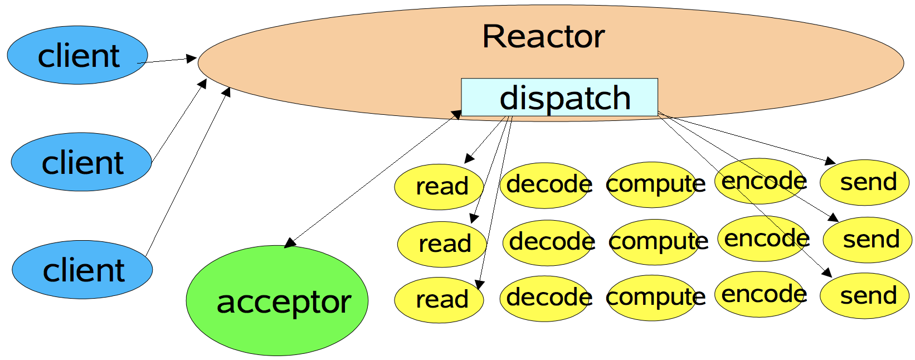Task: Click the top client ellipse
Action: [77, 55]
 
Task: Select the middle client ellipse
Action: [81, 162]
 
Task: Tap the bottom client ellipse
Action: [82, 270]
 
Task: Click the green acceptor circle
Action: [277, 300]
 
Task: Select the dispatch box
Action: [559, 98]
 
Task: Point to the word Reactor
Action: [543, 37]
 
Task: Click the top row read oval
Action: [439, 187]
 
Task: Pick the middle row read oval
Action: [442, 244]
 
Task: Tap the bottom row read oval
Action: [439, 300]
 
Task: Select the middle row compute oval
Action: [655, 242]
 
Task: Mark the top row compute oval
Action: [652, 184]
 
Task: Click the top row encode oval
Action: [761, 181]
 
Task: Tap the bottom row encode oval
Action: [761, 294]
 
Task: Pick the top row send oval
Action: [865, 182]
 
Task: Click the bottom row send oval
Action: [865, 296]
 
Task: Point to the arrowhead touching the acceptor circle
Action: [290, 244]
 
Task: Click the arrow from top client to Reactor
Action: [167, 60]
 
